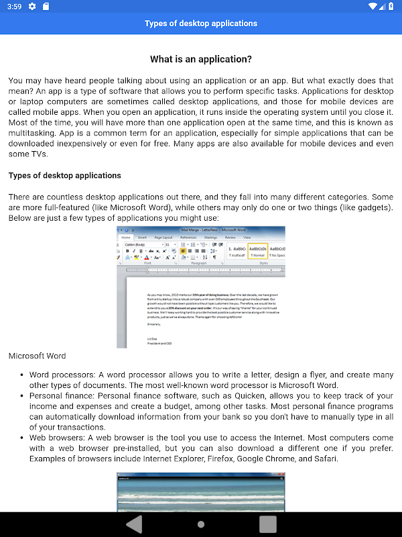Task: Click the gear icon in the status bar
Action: [x=32, y=7]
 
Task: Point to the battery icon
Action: [x=391, y=7]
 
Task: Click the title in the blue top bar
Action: [x=201, y=23]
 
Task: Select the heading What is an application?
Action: [x=201, y=59]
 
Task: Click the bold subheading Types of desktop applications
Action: [x=65, y=176]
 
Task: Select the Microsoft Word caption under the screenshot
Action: [x=38, y=356]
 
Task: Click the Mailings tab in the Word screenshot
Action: [x=210, y=238]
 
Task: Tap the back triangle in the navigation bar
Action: [x=134, y=524]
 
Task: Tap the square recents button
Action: [x=268, y=524]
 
